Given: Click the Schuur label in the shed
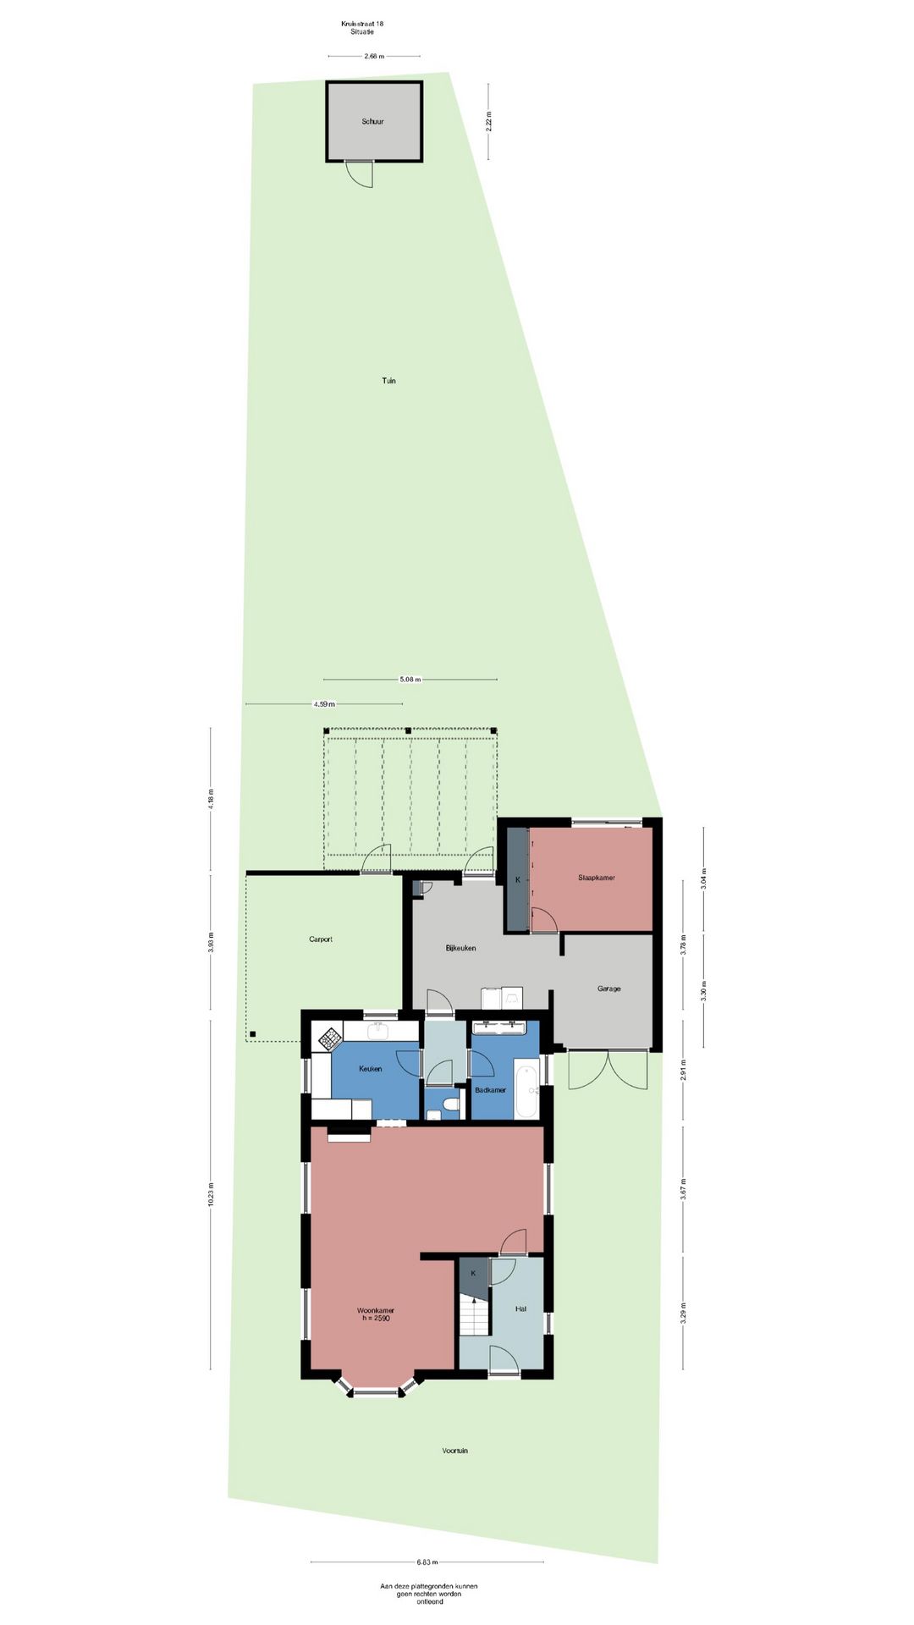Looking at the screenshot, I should (372, 122).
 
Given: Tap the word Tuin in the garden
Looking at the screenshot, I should (388, 381).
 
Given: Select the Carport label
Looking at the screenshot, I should (321, 939).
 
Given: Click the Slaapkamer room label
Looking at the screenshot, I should (597, 878).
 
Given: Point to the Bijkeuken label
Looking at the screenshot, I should (460, 948).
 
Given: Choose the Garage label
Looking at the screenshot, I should (608, 989).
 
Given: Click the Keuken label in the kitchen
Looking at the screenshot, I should (370, 1069).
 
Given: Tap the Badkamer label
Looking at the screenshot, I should (490, 1090).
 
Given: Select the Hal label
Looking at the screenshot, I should (520, 1308).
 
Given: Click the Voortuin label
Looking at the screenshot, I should (454, 1451).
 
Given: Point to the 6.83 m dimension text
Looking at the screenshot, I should (427, 1562).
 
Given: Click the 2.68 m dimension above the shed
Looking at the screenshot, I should (374, 57).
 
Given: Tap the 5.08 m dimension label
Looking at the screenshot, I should (410, 680).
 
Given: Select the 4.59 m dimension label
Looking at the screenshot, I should (324, 704).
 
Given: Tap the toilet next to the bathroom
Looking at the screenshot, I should (449, 1105).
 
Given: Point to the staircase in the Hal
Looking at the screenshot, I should (475, 1316).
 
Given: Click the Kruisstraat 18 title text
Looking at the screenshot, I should (362, 24).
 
